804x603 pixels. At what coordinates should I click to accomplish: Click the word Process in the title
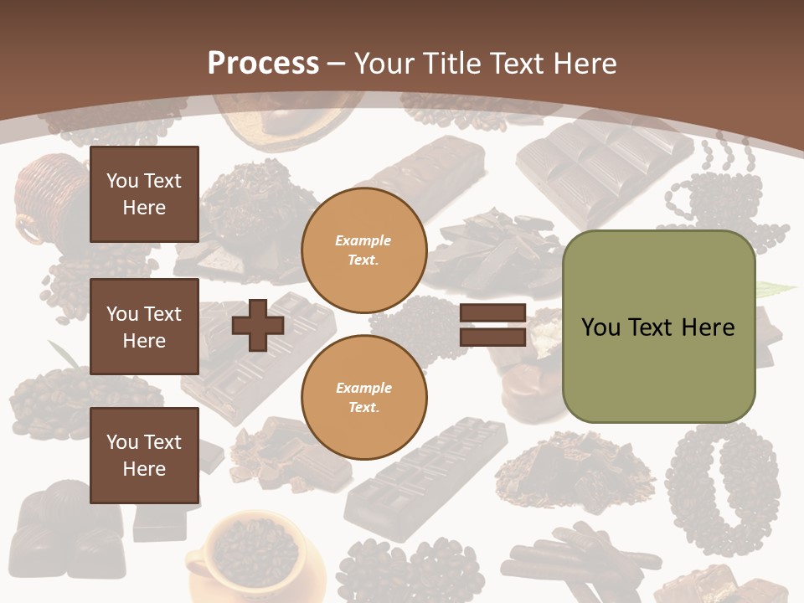click(263, 64)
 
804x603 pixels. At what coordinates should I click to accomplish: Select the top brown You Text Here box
click(144, 194)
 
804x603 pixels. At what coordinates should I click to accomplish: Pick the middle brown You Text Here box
click(144, 327)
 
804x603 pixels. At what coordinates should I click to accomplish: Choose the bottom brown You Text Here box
click(144, 456)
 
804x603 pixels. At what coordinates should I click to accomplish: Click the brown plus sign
click(258, 326)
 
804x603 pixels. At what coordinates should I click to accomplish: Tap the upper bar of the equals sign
click(492, 313)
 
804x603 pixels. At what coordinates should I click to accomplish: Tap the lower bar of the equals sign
click(492, 337)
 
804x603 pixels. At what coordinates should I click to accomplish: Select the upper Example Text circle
click(363, 250)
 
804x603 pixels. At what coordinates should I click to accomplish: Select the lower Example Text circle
click(363, 398)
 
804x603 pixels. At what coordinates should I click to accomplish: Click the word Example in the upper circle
click(363, 240)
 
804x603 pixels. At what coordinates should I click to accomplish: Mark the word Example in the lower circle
click(363, 388)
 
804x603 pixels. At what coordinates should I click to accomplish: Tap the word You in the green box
click(600, 327)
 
